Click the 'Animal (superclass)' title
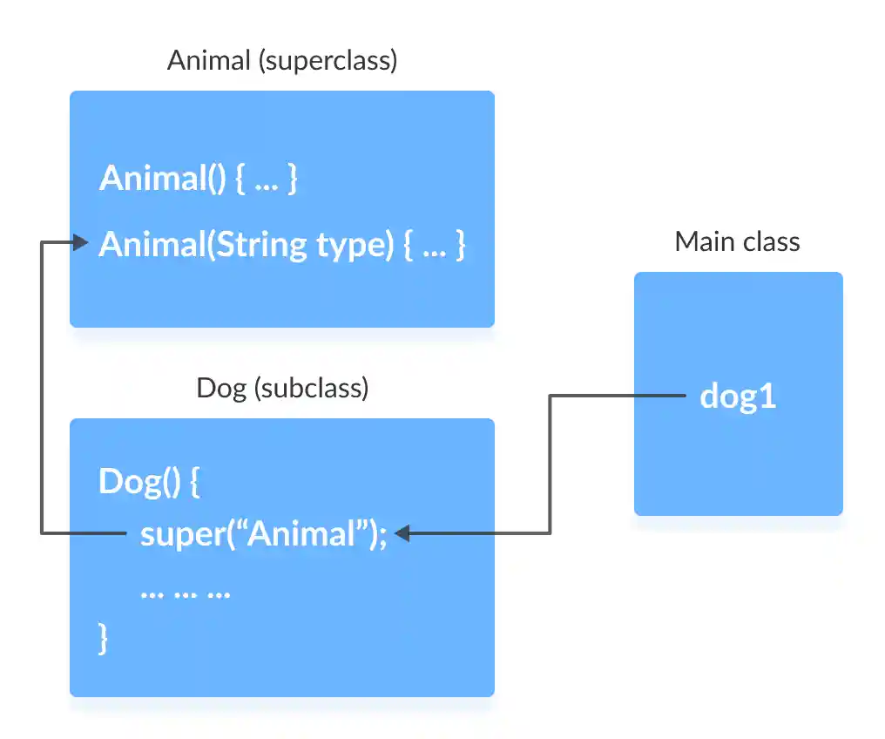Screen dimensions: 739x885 pos(281,61)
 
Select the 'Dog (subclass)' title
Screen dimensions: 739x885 pos(282,388)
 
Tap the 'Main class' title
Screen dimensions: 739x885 pos(737,241)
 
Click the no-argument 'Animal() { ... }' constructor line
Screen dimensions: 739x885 pos(199,179)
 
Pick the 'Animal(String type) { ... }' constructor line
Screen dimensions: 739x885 pos(282,245)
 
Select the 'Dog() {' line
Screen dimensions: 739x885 pos(149,482)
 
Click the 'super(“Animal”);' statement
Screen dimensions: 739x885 pos(262,533)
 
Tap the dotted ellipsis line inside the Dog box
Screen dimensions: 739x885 pos(185,592)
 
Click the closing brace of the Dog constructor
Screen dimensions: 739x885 pos(104,638)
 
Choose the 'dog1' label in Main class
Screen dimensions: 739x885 pos(738,397)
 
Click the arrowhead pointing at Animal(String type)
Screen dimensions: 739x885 pos(82,243)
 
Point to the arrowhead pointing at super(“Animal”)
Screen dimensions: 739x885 pos(402,533)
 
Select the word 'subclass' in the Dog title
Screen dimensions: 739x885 pos(311,388)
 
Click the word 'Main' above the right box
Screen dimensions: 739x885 pos(703,241)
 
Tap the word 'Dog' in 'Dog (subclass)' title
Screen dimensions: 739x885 pos(221,388)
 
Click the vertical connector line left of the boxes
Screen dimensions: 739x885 pos(42,388)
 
